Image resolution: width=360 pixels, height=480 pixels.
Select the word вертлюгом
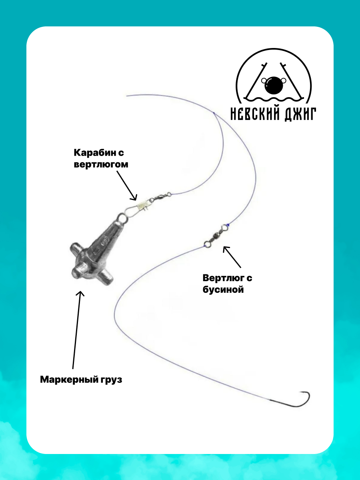point(101,164)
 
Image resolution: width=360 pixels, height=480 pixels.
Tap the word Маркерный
point(66,380)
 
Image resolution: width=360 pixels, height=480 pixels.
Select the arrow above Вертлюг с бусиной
point(232,257)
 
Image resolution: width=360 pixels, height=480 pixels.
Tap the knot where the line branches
point(214,113)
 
